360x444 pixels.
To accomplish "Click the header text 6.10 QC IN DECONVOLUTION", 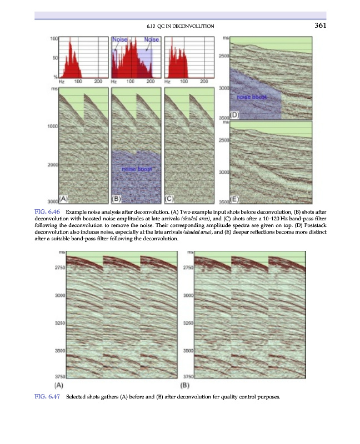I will pos(180,26).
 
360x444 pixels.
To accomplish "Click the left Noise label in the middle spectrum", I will pos(120,40).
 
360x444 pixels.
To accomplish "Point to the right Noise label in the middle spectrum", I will pos(151,40).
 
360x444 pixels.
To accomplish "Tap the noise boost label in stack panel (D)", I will pos(252,97).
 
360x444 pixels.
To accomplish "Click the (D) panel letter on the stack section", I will pos(234,115).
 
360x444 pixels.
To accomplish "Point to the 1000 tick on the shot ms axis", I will pos(53,127).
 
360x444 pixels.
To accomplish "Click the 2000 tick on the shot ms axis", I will pos(53,165).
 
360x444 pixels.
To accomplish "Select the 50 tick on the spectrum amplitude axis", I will pos(54,57).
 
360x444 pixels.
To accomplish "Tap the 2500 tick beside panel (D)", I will pos(224,57).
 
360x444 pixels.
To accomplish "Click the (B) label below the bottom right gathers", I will pos(186,385).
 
